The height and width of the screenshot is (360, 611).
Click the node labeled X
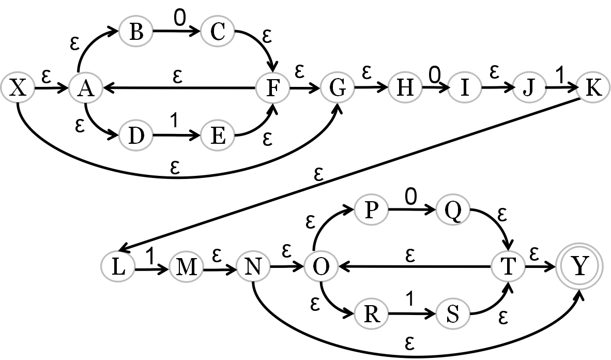(18, 87)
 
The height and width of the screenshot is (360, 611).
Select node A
(86, 87)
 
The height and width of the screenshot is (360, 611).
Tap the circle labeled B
(136, 31)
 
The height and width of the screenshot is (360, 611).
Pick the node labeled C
(218, 31)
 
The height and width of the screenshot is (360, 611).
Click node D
(136, 136)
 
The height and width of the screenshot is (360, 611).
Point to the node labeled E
(218, 136)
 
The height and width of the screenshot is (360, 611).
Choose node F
(272, 87)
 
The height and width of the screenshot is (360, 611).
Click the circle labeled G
(338, 87)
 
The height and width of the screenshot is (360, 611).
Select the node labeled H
(405, 87)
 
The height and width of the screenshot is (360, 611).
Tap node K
(593, 87)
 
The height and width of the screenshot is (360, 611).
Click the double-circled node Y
(579, 266)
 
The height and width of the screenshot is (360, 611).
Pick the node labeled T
(508, 266)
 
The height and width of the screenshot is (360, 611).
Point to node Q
(453, 209)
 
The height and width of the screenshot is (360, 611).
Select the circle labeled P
(371, 209)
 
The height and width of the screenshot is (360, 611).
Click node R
(371, 313)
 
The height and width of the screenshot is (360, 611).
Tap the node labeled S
(453, 313)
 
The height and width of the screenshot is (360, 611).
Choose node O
(321, 266)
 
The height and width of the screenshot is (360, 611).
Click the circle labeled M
(186, 266)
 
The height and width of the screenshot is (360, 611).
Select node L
(118, 266)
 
